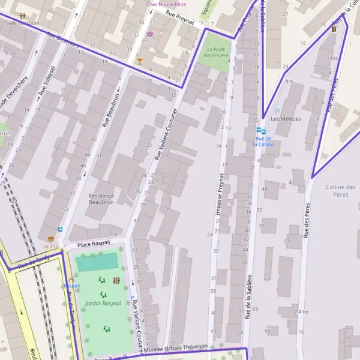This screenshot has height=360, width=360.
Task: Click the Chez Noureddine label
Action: (167, 4)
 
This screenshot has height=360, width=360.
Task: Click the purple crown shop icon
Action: (149, 34)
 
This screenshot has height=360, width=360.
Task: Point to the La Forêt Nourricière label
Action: (217, 52)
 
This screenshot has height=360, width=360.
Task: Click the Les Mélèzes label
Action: (286, 119)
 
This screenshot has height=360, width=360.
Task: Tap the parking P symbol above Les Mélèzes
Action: (277, 111)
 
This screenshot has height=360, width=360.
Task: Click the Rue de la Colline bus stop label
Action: (263, 141)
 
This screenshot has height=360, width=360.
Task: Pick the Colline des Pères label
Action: (341, 191)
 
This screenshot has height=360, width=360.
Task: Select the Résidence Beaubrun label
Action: (101, 199)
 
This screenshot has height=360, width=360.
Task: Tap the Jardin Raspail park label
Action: (103, 303)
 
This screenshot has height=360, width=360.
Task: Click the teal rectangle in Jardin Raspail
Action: (97, 262)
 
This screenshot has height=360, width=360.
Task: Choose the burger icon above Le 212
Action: (50, 239)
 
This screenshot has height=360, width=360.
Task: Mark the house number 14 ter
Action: (302, 312)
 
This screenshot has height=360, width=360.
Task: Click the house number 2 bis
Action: (332, 58)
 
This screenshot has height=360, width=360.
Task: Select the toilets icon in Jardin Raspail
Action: (116, 280)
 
